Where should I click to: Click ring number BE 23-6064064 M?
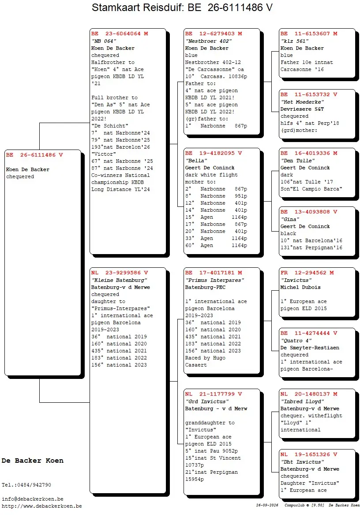(x=120, y=34)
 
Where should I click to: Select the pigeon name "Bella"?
(x=196, y=161)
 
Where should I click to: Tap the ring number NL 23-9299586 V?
(x=120, y=273)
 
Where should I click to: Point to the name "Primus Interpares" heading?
(x=214, y=280)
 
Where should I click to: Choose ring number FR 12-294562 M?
(x=307, y=273)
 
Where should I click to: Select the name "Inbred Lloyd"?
(x=302, y=401)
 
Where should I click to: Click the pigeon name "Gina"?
(x=290, y=219)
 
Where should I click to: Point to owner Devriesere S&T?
(x=302, y=109)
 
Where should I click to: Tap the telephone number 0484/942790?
(x=34, y=485)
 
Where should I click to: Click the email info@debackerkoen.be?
(x=32, y=499)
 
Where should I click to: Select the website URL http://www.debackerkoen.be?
(x=41, y=506)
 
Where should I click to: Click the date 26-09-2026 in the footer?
(x=267, y=505)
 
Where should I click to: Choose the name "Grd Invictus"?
(x=207, y=401)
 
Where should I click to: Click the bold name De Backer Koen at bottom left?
(x=32, y=461)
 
